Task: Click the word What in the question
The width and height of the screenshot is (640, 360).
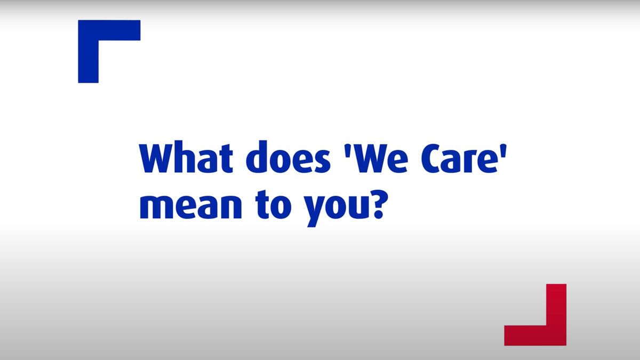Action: [x=186, y=157]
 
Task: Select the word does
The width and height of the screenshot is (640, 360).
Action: [x=288, y=157]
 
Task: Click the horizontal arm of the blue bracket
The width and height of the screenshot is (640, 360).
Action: [x=109, y=30]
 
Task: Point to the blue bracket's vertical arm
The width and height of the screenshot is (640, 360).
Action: [x=89, y=51]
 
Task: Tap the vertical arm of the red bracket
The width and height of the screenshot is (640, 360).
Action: [x=556, y=315]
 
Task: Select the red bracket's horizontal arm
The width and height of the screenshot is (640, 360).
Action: [x=535, y=335]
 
